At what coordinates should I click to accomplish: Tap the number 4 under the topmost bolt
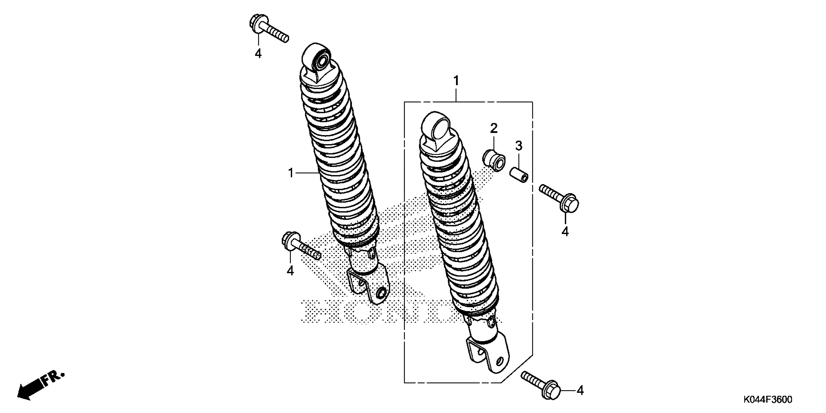click(x=258, y=53)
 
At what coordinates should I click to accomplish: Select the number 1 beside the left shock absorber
click(x=291, y=173)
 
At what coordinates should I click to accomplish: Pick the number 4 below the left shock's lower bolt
click(x=290, y=271)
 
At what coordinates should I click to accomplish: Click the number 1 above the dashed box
click(x=456, y=81)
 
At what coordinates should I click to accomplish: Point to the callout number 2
click(x=494, y=129)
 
